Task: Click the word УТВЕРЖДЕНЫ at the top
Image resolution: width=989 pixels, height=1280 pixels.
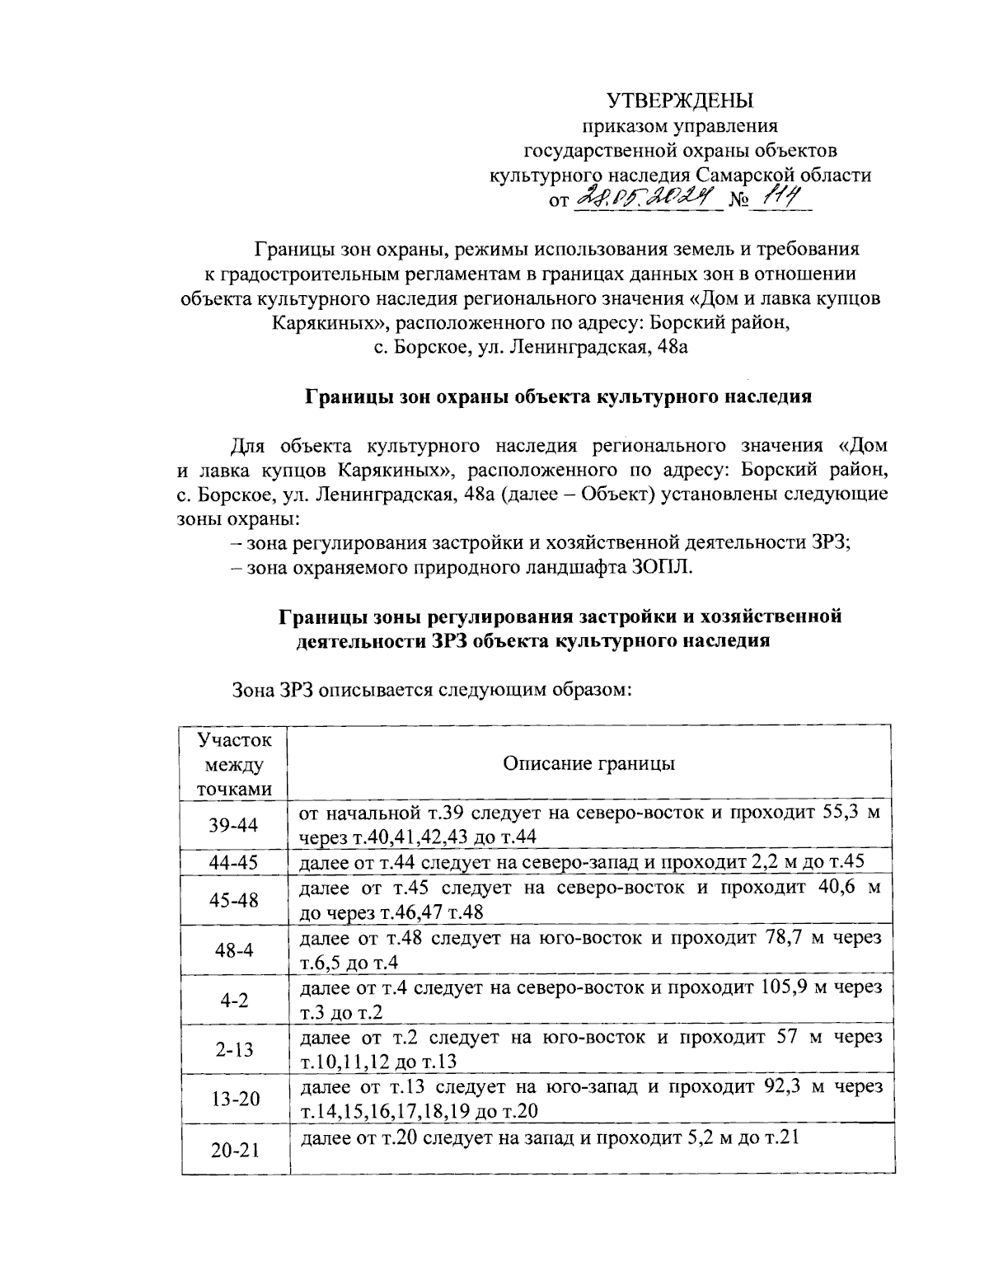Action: tap(680, 101)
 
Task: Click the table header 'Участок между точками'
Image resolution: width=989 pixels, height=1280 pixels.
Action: tap(233, 763)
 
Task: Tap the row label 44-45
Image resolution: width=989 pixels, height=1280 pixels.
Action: tap(233, 862)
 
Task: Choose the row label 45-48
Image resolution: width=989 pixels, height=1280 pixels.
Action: tap(233, 900)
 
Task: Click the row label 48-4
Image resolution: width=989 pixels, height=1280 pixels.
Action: tap(233, 949)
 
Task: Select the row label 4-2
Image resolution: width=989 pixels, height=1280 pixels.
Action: tap(233, 1000)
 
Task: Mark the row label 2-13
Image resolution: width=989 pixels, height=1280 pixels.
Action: tap(233, 1049)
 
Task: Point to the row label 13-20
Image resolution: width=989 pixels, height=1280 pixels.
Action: tap(233, 1099)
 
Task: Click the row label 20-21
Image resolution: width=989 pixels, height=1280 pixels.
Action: tap(233, 1149)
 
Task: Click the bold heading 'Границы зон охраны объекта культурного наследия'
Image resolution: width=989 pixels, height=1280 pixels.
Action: tap(559, 396)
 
